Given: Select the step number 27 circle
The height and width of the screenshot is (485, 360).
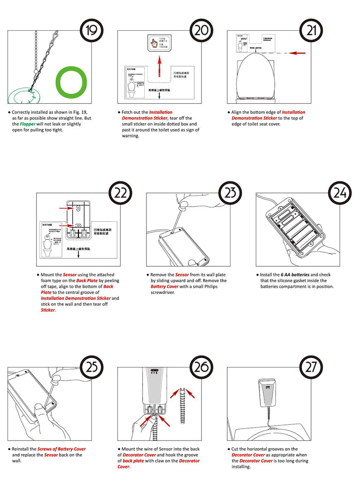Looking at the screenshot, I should point(312,368).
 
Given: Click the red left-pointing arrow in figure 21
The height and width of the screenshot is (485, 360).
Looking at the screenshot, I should point(298,53).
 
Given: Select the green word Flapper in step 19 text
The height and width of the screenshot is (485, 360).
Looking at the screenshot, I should point(28,124).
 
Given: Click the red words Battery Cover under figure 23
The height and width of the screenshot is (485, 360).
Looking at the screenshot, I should point(164,286).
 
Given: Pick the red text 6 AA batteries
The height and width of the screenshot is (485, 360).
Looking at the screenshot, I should point(295,275).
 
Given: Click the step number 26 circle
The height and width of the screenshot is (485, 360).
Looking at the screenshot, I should point(202,368).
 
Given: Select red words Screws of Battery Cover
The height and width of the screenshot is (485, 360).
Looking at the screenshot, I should point(61,449).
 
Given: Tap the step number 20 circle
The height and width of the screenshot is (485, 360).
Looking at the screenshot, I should point(202,31).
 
